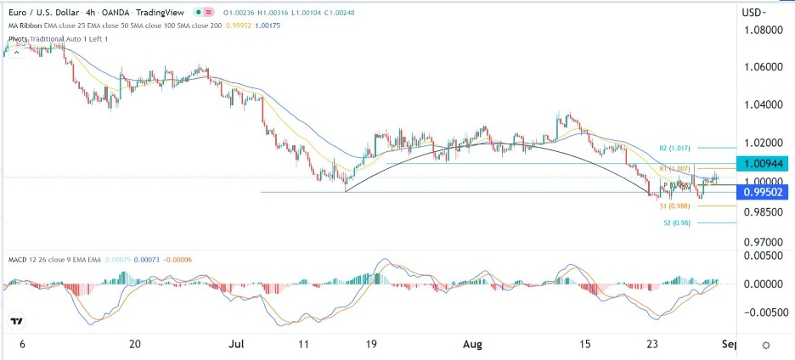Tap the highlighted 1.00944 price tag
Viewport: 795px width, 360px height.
pos(765,162)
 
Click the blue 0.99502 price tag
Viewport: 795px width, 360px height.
pos(765,193)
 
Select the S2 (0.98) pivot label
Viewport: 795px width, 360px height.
pos(678,223)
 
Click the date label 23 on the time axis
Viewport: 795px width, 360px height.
pos(652,346)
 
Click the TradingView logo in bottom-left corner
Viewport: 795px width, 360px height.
pos(16,322)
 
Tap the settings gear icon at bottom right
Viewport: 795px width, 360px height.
pos(766,346)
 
